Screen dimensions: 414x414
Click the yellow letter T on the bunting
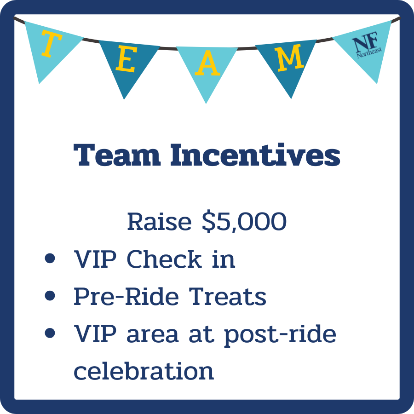(52, 45)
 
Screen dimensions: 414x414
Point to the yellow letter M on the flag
(290, 59)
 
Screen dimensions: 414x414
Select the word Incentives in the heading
(255, 155)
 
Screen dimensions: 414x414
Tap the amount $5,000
(245, 222)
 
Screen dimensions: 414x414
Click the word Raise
(159, 222)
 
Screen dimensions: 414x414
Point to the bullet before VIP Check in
(50, 259)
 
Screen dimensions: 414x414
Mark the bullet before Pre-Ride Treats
(50, 296)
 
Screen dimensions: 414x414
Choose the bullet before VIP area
(50, 333)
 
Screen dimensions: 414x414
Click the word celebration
(144, 371)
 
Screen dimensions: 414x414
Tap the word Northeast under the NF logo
(369, 55)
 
